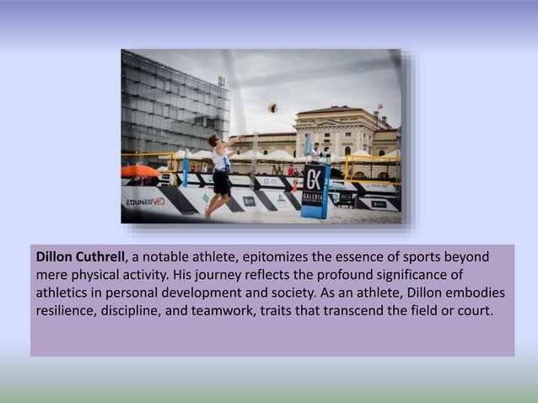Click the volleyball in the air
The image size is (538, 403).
pyautogui.click(x=272, y=108)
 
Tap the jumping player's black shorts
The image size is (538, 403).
pyautogui.click(x=222, y=182)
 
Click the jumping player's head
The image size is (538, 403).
pyautogui.click(x=214, y=140)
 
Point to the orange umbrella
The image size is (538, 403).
pyautogui.click(x=138, y=171)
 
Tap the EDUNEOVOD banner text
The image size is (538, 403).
pyautogui.click(x=145, y=202)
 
